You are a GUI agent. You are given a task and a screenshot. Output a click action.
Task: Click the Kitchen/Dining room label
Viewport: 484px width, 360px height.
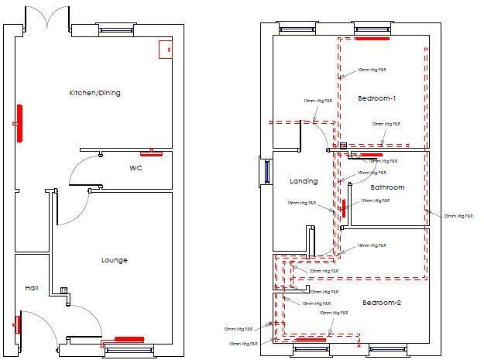tap(94, 93)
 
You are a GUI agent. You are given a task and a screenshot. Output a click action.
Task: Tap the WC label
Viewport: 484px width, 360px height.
tap(135, 167)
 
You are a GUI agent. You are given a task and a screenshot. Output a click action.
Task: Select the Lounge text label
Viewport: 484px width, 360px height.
tap(114, 260)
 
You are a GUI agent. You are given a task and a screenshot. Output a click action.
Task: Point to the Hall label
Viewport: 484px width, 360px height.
tap(31, 287)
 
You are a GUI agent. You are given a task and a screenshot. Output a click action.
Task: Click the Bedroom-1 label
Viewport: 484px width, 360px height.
tap(377, 98)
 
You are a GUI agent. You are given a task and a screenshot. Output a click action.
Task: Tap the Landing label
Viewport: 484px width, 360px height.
tap(304, 181)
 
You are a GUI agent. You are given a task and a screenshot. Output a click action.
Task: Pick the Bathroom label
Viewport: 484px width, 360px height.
tap(387, 187)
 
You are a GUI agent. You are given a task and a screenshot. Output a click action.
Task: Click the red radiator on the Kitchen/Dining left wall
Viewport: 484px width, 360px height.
tap(21, 123)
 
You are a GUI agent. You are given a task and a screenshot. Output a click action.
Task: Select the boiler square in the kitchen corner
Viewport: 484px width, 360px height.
tap(165, 49)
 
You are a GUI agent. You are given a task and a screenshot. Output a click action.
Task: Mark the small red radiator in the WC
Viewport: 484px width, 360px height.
tap(152, 153)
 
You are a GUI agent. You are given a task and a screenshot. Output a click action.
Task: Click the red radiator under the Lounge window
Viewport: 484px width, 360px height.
tap(129, 339)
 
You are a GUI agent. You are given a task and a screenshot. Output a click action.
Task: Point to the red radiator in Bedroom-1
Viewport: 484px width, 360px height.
tap(372, 36)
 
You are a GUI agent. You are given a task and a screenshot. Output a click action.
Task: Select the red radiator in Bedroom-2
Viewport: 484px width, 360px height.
tap(311, 339)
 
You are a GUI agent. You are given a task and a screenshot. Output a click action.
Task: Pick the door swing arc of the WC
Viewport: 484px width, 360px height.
tap(81, 172)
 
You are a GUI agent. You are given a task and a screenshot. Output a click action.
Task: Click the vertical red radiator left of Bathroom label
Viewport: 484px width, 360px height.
tap(343, 209)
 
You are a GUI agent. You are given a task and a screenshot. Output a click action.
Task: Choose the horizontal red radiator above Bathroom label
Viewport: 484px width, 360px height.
tap(366, 156)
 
